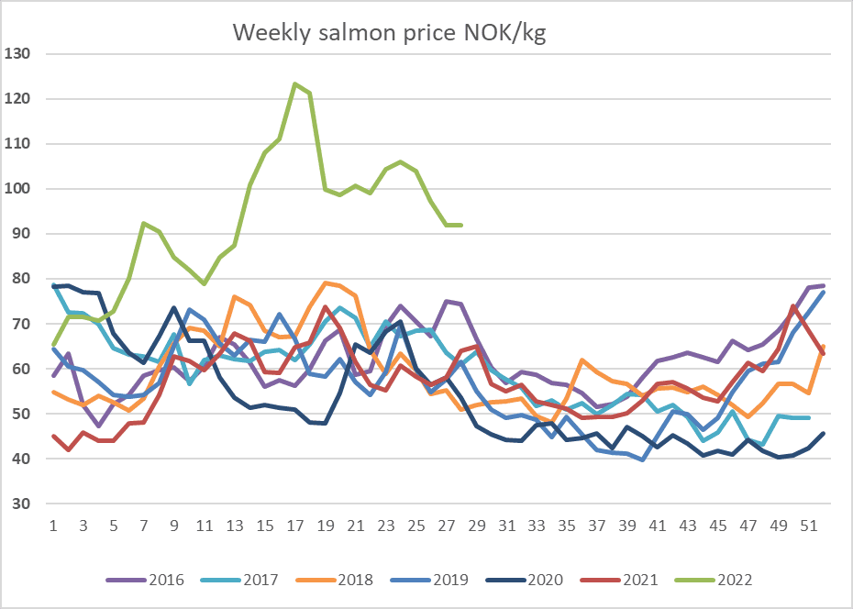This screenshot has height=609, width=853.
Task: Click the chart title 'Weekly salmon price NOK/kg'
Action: pyautogui.click(x=389, y=33)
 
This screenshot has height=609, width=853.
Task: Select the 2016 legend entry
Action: pyautogui.click(x=145, y=580)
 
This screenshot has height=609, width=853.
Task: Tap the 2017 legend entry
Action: pyautogui.click(x=239, y=580)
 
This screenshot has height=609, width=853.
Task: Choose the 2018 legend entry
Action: pyautogui.click(x=335, y=580)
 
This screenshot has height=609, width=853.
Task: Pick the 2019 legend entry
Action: pyautogui.click(x=429, y=580)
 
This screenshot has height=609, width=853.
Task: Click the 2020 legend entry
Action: pyautogui.click(x=524, y=580)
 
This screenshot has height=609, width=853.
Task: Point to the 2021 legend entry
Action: pyautogui.click(x=619, y=580)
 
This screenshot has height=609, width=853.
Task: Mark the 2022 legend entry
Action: pyautogui.click(x=714, y=580)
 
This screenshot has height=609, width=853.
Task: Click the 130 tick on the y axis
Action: pyautogui.click(x=17, y=53)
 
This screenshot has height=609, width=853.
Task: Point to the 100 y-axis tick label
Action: pyautogui.click(x=17, y=189)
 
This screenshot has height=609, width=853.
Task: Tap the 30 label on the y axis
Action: pyautogui.click(x=21, y=504)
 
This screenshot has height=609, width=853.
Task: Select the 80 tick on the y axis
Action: pyautogui.click(x=21, y=279)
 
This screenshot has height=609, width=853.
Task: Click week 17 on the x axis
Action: pyautogui.click(x=294, y=526)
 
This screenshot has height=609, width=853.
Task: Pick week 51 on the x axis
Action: pyautogui.click(x=809, y=526)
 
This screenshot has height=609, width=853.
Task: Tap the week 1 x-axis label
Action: pyautogui.click(x=53, y=526)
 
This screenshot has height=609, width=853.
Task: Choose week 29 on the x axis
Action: pyautogui.click(x=477, y=526)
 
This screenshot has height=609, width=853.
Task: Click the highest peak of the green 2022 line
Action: pyautogui.click(x=294, y=83)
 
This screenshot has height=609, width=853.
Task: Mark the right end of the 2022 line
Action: pyautogui.click(x=461, y=225)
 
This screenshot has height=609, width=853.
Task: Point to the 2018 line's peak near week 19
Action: pyautogui.click(x=326, y=282)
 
